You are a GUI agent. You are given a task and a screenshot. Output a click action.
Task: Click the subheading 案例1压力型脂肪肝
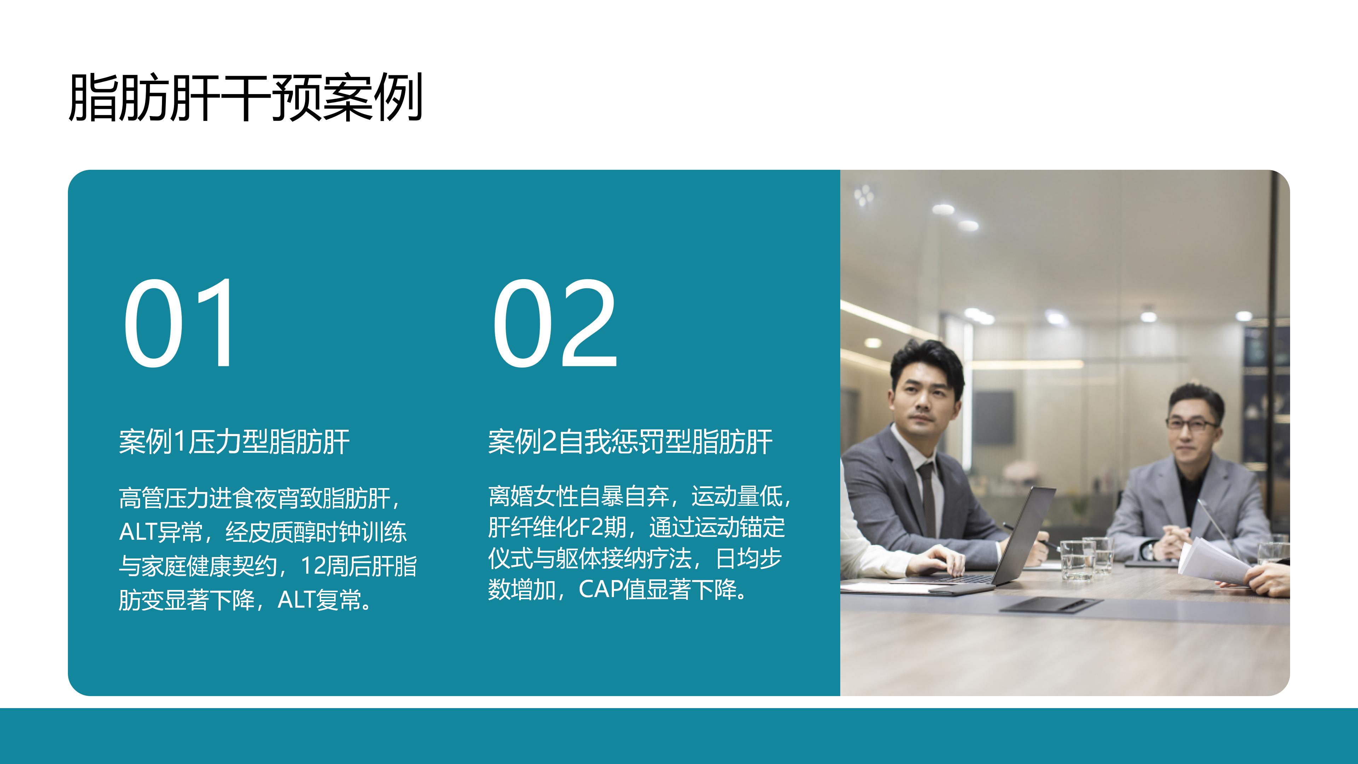(x=234, y=442)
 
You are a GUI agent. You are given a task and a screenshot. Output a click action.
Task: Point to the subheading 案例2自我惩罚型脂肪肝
(x=630, y=442)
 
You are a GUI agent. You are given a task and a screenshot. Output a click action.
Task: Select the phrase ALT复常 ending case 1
(x=319, y=600)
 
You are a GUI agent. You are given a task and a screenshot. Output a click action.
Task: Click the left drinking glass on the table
(x=1076, y=560)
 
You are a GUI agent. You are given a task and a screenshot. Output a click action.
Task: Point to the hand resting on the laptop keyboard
(x=937, y=560)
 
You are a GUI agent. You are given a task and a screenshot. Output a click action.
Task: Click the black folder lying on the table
(x=1052, y=605)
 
